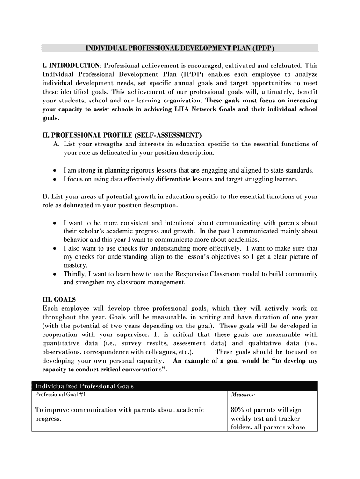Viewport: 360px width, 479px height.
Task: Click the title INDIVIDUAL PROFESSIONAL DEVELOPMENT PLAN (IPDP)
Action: pyautogui.click(x=180, y=48)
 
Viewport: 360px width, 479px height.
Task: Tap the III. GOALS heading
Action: pyautogui.click(x=59, y=299)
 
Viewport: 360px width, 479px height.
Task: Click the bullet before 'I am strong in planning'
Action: pyautogui.click(x=56, y=171)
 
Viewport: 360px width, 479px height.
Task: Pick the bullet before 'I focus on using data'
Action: pyautogui.click(x=56, y=179)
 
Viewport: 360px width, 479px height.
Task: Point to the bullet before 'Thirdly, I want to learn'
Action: pyautogui.click(x=56, y=274)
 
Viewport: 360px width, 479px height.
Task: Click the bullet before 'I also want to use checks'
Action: pyautogui.click(x=56, y=249)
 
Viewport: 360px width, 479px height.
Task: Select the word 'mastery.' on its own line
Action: pyautogui.click(x=75, y=266)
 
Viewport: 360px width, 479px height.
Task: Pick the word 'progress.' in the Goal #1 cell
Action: pyautogui.click(x=48, y=419)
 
